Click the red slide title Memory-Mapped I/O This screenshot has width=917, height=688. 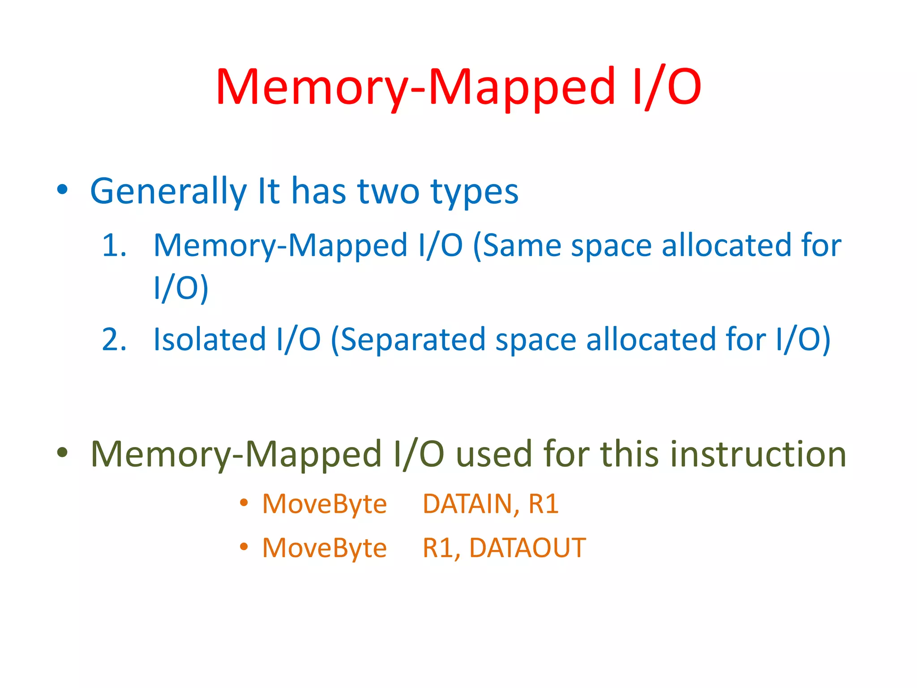[x=458, y=87]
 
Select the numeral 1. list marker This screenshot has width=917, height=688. [x=114, y=245]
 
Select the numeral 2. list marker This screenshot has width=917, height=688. [x=114, y=339]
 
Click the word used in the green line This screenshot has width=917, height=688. [x=494, y=454]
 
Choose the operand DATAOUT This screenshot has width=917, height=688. [x=527, y=548]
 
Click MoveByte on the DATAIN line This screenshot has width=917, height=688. [x=324, y=504]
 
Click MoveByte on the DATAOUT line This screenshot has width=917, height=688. [x=324, y=548]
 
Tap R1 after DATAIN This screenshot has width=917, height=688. [x=544, y=504]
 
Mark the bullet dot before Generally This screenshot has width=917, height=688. [x=62, y=190]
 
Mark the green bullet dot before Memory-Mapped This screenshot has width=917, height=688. [x=62, y=453]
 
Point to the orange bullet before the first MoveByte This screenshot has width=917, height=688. [x=244, y=503]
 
